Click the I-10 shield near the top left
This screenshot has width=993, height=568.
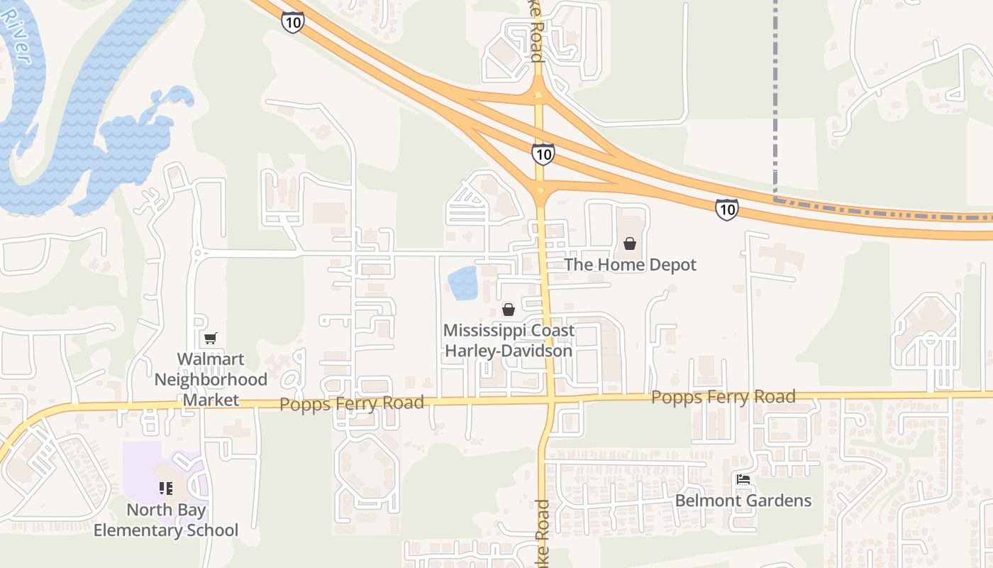292,22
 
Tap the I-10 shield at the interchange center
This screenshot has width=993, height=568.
543,153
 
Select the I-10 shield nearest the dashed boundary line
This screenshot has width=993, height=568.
726,209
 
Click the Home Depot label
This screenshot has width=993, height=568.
630,265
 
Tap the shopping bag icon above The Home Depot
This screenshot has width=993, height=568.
629,244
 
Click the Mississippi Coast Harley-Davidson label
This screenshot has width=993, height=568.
508,341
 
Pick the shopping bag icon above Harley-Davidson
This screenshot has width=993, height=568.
508,309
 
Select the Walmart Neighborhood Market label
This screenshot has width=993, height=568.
211,380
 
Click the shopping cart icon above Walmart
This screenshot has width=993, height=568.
210,338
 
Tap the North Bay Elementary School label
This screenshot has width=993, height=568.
166,520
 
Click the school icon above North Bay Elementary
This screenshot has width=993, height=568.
165,488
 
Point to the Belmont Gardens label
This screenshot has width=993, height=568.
743,501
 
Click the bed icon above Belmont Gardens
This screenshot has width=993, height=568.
743,479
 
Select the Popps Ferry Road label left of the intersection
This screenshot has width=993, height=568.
352,403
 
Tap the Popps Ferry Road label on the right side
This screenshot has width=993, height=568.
723,397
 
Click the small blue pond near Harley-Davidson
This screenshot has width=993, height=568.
462,283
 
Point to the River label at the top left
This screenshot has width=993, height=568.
16,35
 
